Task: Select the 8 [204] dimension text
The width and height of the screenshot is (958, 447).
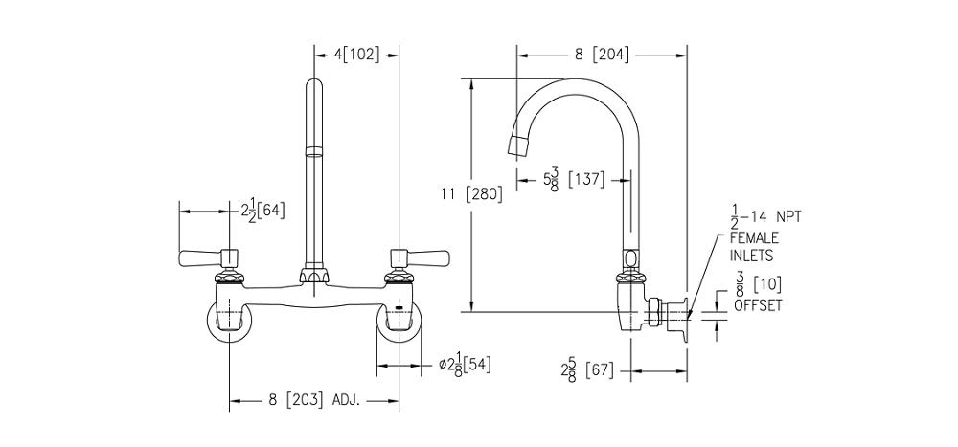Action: [x=602, y=55]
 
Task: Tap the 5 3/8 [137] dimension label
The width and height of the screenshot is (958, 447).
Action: [x=573, y=179]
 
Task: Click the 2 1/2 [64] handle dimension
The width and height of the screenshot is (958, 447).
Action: [x=262, y=210]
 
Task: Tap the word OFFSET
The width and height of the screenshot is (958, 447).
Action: [x=758, y=305]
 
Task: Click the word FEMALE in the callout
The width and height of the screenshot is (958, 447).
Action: [x=754, y=237]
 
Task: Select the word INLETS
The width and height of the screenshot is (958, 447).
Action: [x=751, y=256]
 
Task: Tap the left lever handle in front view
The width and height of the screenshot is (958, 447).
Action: [x=201, y=257]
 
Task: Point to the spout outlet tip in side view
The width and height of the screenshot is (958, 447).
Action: [x=517, y=146]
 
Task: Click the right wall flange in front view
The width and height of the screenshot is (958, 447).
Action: [x=399, y=320]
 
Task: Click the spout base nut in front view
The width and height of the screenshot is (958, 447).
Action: [x=313, y=276]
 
